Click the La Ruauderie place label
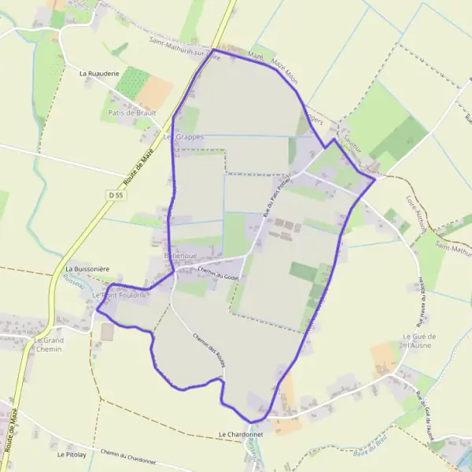(98, 72)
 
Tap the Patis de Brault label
(128, 112)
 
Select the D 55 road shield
(116, 194)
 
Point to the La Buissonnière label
(87, 268)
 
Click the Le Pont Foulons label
(120, 295)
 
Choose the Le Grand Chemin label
(49, 344)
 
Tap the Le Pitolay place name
(71, 455)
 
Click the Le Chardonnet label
(241, 434)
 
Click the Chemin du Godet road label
(218, 273)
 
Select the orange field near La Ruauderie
(155, 91)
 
